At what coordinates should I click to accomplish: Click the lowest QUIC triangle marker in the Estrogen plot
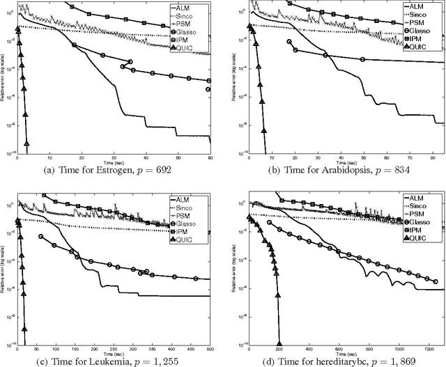click(26, 143)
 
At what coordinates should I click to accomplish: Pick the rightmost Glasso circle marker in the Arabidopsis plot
click(362, 59)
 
